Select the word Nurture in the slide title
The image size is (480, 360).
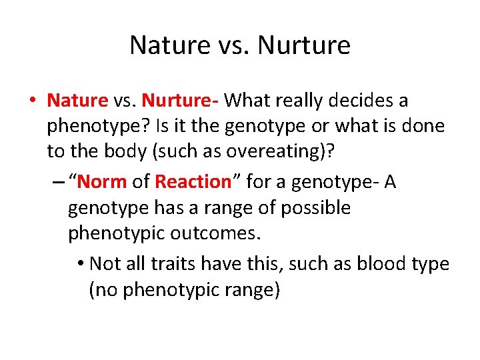pos(303,45)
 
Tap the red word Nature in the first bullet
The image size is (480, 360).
pos(77,101)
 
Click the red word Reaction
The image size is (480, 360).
pos(192,181)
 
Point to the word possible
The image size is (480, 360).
pos(315,208)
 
